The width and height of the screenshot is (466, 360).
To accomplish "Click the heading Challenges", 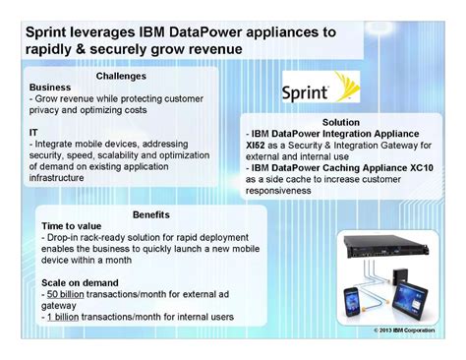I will (121, 76).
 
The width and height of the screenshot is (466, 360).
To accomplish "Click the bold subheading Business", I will (50, 88).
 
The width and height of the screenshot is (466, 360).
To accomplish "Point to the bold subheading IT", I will (34, 131).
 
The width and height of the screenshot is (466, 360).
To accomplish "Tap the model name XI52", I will (258, 142).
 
